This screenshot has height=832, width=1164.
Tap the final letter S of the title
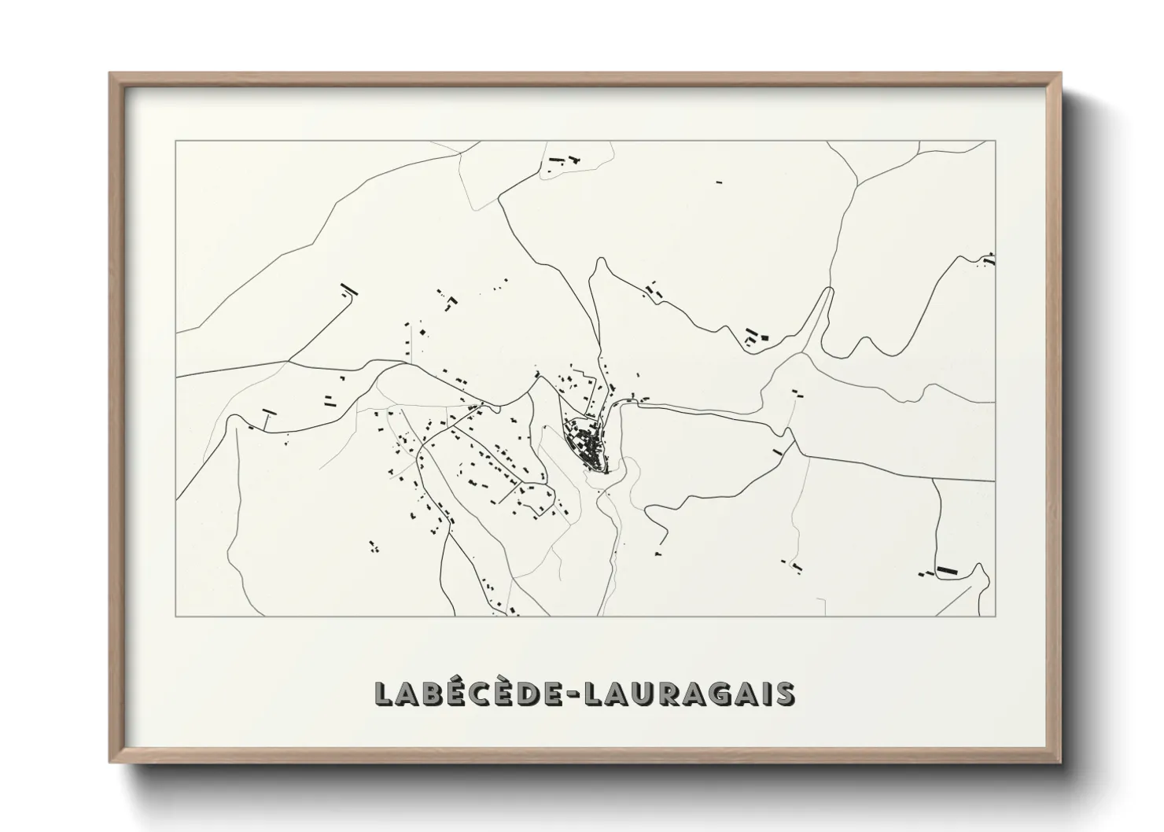coord(783,694)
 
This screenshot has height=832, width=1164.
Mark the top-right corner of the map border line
coord(996,141)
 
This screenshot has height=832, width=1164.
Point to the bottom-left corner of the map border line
coord(175,617)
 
